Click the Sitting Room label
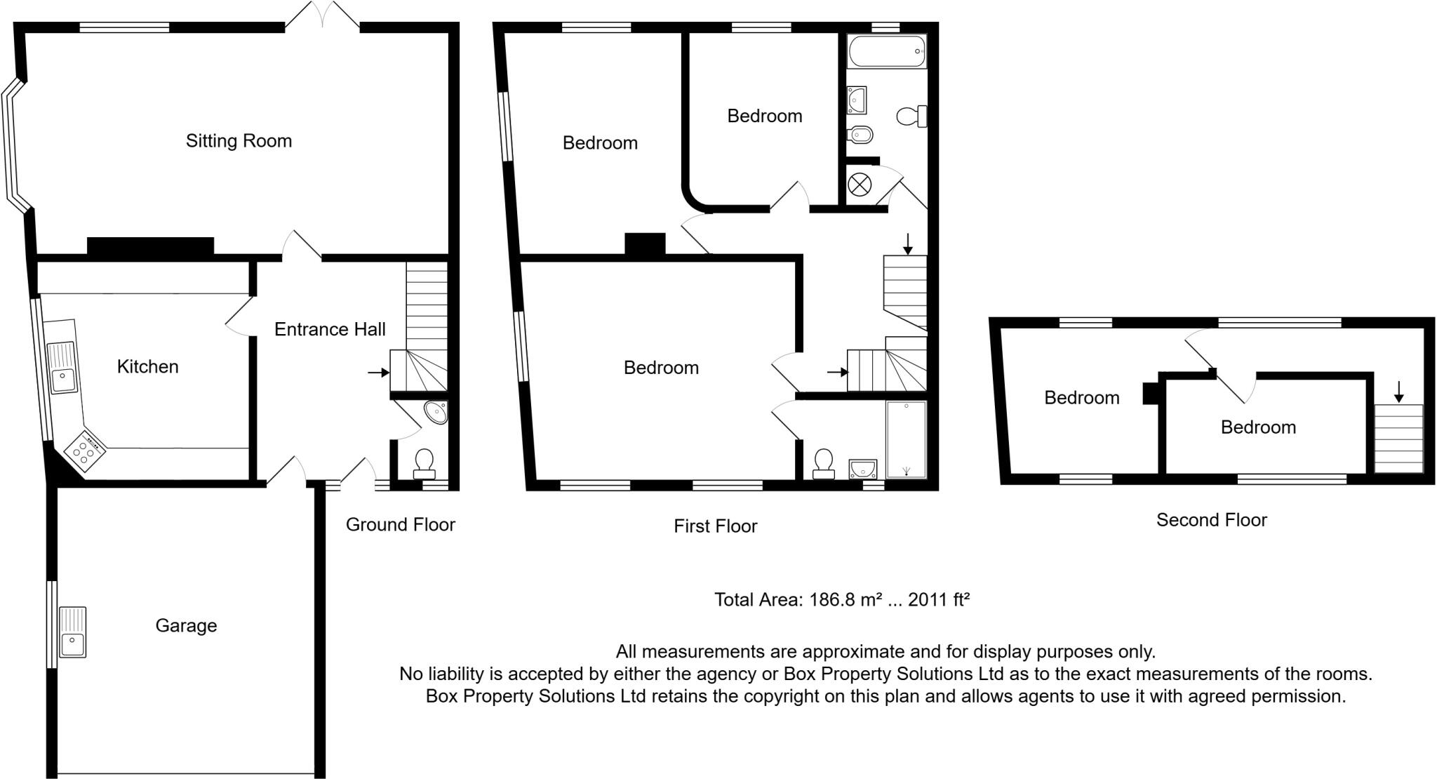point(239,141)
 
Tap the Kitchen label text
point(147,366)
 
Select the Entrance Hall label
point(330,329)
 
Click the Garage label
point(186,625)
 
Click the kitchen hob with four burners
point(84,449)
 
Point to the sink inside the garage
point(72,632)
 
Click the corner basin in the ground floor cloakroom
point(437,412)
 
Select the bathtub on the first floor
point(887,51)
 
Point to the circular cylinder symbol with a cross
point(859,185)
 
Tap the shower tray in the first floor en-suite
point(906,439)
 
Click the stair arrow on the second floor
point(1398,392)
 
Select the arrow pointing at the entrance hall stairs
point(378,372)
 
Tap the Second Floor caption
point(1211,520)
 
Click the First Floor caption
point(715,526)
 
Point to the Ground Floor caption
point(400,524)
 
